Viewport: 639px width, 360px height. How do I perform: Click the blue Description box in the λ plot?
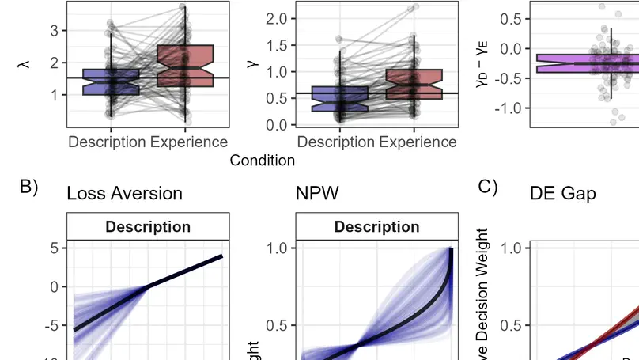(x=111, y=82)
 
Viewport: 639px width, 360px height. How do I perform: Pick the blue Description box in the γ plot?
(x=339, y=99)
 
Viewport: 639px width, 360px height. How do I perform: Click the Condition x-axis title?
(x=262, y=161)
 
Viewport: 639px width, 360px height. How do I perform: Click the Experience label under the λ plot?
(x=189, y=142)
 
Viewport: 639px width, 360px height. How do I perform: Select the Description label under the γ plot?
(x=336, y=142)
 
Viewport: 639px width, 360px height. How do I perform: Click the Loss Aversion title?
(x=124, y=193)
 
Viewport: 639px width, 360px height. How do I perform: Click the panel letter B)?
(x=29, y=188)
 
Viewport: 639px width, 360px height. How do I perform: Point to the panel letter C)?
(x=488, y=188)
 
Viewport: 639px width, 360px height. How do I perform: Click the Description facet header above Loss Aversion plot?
(x=148, y=227)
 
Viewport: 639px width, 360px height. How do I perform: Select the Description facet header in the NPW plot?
(x=376, y=227)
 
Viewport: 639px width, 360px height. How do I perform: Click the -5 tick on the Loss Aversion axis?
(x=52, y=325)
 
